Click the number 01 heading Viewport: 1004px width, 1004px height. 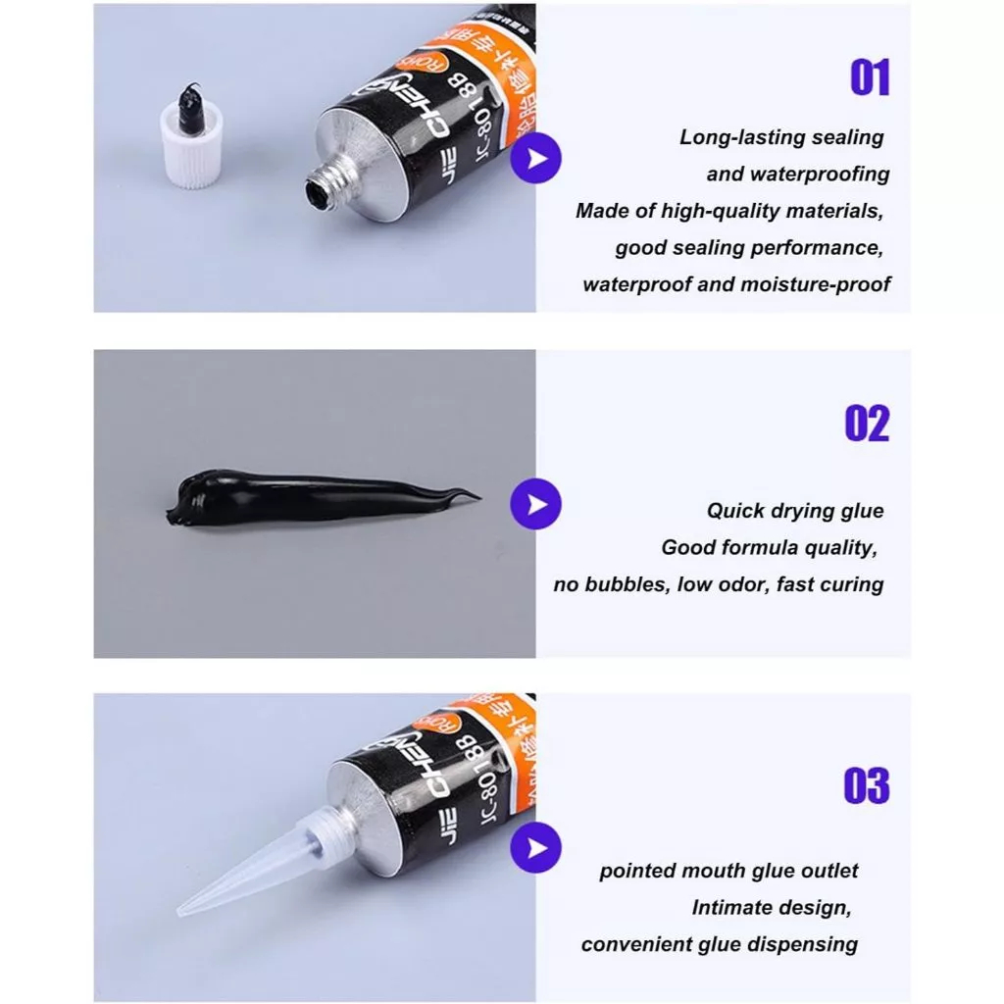tap(869, 78)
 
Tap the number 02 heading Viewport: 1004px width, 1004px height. tap(867, 424)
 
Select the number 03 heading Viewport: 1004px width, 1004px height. tap(867, 786)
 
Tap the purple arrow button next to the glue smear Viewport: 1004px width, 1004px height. tap(535, 505)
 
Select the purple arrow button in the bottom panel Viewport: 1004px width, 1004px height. tap(535, 846)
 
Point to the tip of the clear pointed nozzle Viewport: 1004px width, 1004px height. tap(183, 911)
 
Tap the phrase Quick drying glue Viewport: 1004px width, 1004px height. tap(795, 510)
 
